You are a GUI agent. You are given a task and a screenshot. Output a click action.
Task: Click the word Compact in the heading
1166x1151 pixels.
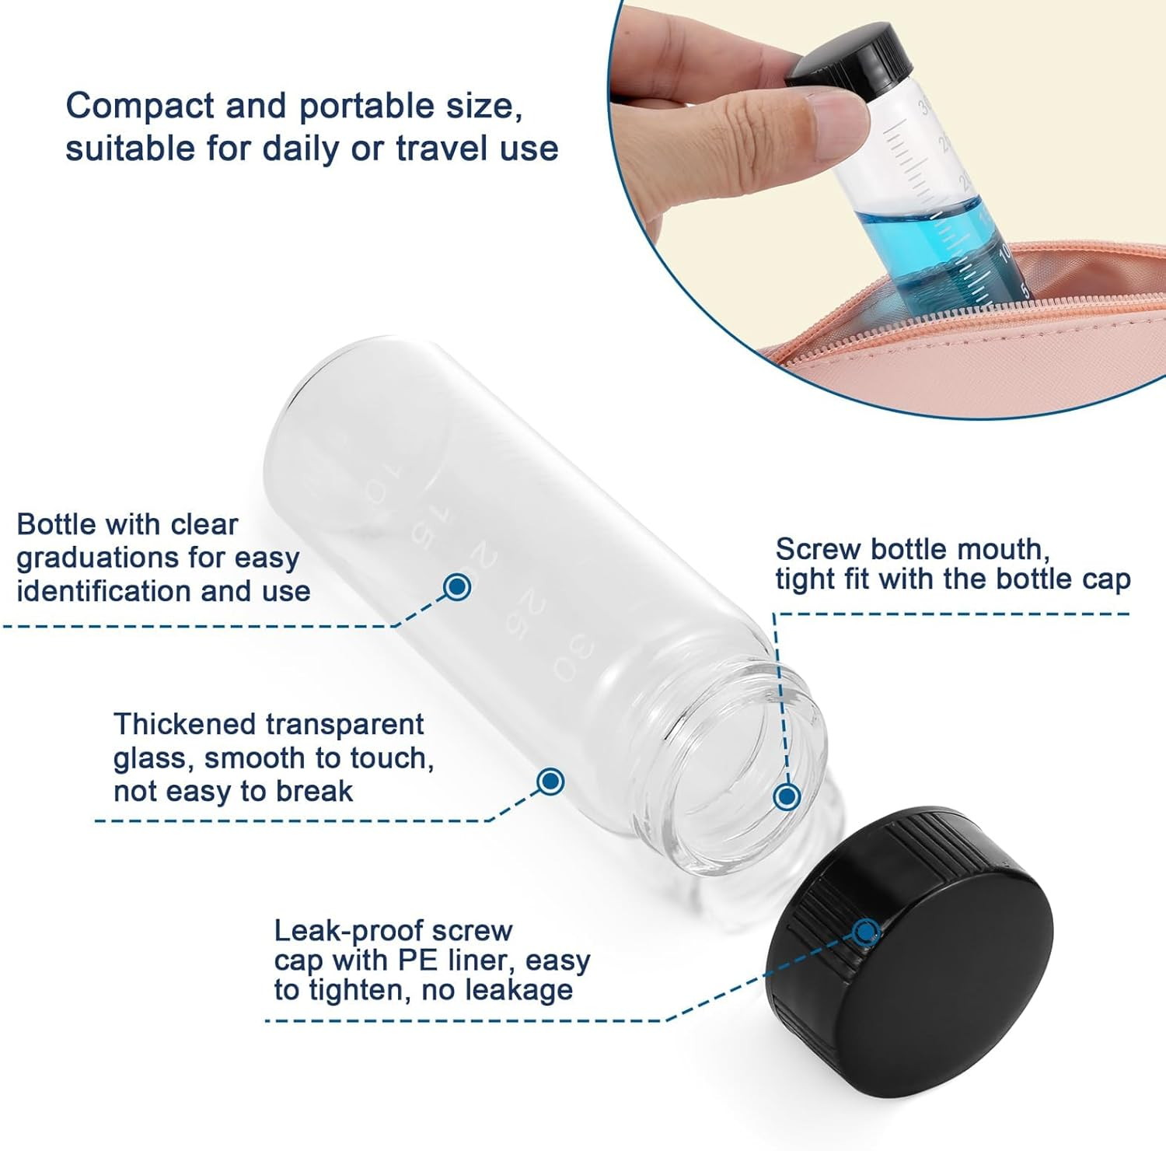pos(139,107)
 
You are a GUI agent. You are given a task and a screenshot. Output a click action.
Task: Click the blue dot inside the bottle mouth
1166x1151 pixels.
pos(787,796)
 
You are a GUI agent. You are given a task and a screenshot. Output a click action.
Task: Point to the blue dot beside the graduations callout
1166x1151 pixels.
pos(457,586)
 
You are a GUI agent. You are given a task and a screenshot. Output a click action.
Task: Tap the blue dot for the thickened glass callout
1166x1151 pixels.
pos(551,781)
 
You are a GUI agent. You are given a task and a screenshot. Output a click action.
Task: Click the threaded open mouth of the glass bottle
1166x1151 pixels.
pos(731,766)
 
